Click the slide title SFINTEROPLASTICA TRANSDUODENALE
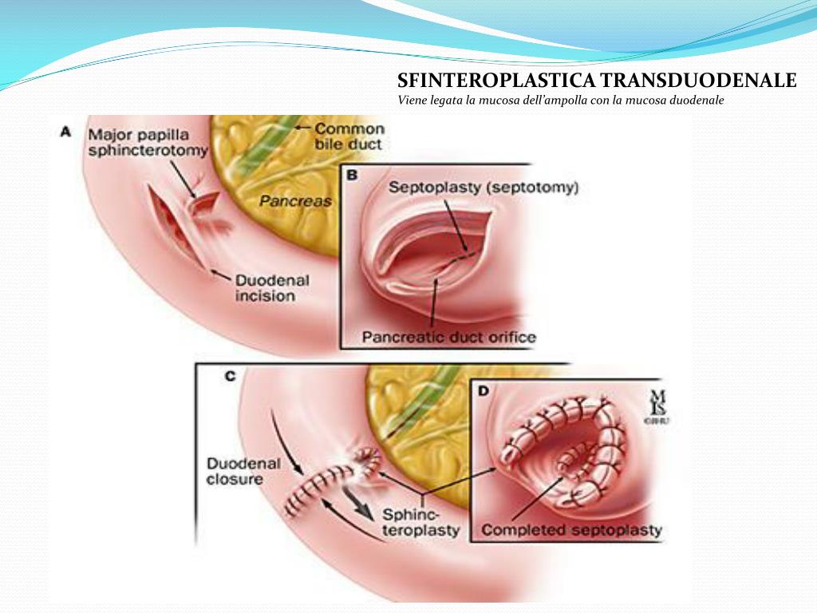(x=597, y=81)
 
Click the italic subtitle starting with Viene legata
(x=560, y=101)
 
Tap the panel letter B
(x=353, y=174)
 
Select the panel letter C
(x=230, y=376)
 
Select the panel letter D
(x=483, y=391)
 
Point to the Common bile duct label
(x=349, y=136)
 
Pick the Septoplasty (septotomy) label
(x=483, y=188)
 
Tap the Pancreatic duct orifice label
(x=449, y=337)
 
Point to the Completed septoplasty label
(x=571, y=529)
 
